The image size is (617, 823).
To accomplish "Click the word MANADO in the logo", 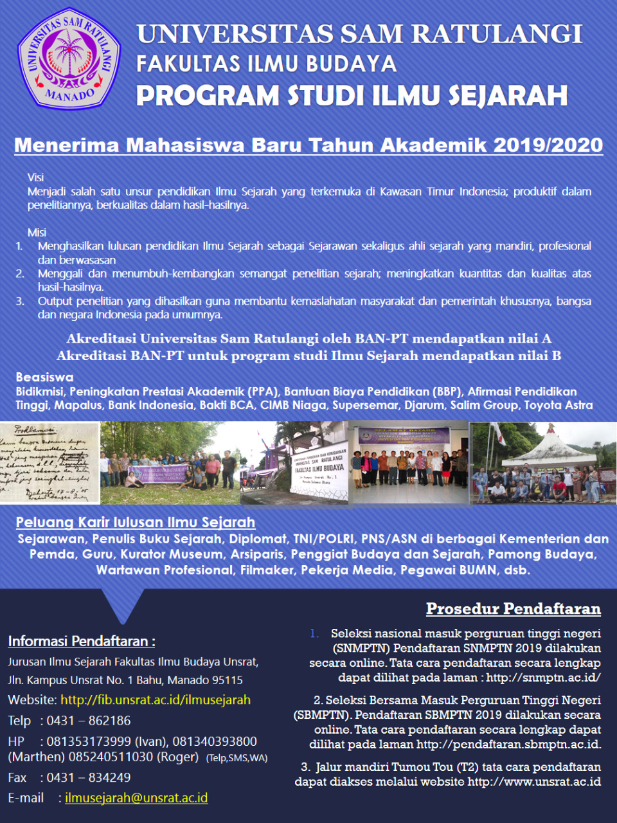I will pyautogui.click(x=70, y=96).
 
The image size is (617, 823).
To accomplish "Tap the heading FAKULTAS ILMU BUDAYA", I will pyautogui.click(x=266, y=64).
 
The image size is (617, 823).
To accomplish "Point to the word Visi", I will pyautogui.click(x=35, y=177).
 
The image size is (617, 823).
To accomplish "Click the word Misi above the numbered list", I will pyautogui.click(x=37, y=232).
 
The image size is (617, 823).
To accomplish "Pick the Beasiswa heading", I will pyautogui.click(x=44, y=377).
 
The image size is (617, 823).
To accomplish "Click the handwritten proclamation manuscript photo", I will pyautogui.click(x=49, y=462).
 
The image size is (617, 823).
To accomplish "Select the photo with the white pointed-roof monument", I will pyautogui.click(x=543, y=462).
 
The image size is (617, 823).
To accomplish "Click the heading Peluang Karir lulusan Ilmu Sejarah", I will pyautogui.click(x=136, y=522).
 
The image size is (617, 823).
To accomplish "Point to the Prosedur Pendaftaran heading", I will pyautogui.click(x=513, y=609).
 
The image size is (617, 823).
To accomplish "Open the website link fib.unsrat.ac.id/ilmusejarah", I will pyautogui.click(x=156, y=700).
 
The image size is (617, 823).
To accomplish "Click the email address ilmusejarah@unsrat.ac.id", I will pyautogui.click(x=136, y=798).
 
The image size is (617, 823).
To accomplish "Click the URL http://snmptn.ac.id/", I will pyautogui.click(x=543, y=678).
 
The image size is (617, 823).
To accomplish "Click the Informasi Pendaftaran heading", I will pyautogui.click(x=81, y=641).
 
